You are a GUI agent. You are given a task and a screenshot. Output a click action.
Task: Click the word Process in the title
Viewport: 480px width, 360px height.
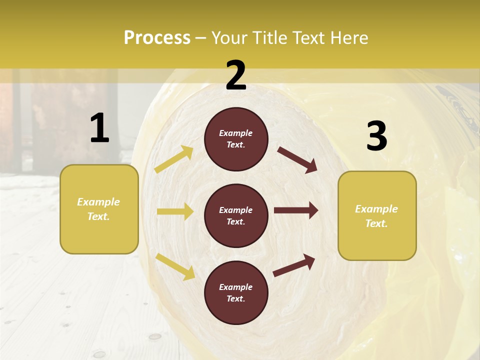coord(157,37)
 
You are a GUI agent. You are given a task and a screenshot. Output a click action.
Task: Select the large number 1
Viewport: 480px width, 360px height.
coord(99,128)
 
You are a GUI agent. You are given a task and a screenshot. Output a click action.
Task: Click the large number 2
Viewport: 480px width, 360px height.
coord(236,75)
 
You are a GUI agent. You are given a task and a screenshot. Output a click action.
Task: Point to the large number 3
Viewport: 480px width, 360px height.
coord(376,136)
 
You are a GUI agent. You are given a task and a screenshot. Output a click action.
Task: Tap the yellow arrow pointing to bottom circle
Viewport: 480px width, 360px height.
coord(175,266)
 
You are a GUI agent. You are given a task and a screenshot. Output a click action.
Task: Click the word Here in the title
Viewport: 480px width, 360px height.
coord(349,37)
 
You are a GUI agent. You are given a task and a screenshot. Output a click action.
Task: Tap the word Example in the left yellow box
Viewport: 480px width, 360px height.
coord(98,202)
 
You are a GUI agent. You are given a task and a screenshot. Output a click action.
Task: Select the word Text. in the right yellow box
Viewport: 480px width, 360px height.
coord(376,223)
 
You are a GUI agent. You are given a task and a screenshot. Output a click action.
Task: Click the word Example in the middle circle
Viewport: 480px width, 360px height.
coord(236,210)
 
